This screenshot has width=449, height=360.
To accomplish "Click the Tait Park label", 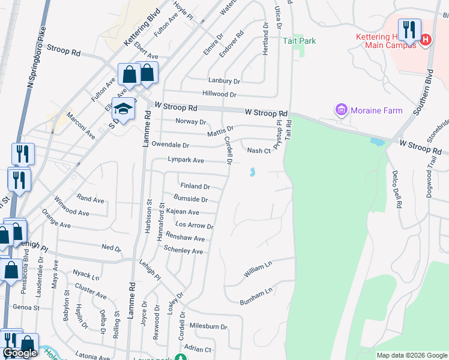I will click(300, 41).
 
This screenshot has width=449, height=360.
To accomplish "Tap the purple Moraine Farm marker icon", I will click(342, 110).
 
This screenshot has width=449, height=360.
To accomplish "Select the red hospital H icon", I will click(426, 40).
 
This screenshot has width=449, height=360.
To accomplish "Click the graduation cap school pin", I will click(124, 109).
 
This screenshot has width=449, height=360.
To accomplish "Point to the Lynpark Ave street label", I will click(186, 160).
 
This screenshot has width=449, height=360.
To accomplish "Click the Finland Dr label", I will click(195, 187).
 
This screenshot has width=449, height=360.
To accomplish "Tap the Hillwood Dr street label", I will click(220, 94).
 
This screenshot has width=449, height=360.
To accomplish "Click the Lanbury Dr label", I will click(224, 80).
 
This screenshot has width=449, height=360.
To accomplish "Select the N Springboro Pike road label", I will click(36, 57).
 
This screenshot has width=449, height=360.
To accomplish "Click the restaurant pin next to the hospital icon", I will click(409, 29).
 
